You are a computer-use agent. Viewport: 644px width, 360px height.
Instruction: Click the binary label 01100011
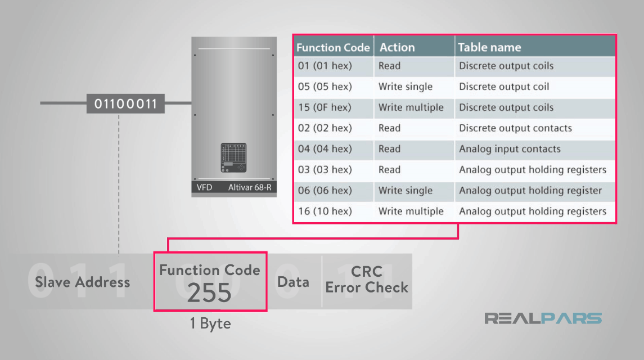(x=125, y=104)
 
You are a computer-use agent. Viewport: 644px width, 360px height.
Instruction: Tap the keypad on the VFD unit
(x=233, y=158)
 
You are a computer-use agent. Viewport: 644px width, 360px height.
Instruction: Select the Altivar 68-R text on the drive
(x=250, y=187)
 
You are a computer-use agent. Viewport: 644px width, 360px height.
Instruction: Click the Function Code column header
(x=333, y=48)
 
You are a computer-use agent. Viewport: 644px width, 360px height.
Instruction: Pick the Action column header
(x=397, y=48)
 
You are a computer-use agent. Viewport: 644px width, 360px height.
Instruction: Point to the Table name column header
(x=489, y=48)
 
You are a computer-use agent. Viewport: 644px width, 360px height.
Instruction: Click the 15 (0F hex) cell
(x=325, y=107)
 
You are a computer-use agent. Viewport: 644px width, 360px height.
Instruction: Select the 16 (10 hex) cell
(x=325, y=211)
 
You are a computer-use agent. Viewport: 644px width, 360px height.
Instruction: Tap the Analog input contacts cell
(x=510, y=149)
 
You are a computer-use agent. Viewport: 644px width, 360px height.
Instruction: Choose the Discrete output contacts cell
(x=515, y=128)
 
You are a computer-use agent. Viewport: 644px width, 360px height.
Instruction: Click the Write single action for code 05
(x=406, y=87)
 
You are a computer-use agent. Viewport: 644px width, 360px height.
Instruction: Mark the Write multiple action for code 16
(x=411, y=211)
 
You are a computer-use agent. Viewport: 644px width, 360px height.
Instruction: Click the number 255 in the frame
(x=209, y=293)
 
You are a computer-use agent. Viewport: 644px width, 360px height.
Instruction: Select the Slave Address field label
(x=83, y=282)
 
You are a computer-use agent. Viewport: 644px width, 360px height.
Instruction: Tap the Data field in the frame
(x=293, y=282)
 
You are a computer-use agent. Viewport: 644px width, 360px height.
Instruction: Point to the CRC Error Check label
(x=367, y=280)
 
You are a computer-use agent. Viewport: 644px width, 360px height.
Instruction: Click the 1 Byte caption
(x=209, y=324)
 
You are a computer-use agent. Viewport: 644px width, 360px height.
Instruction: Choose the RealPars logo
(x=543, y=318)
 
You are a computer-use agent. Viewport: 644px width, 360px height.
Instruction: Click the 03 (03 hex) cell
(x=325, y=170)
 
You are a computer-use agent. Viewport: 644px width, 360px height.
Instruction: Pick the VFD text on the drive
(x=204, y=187)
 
